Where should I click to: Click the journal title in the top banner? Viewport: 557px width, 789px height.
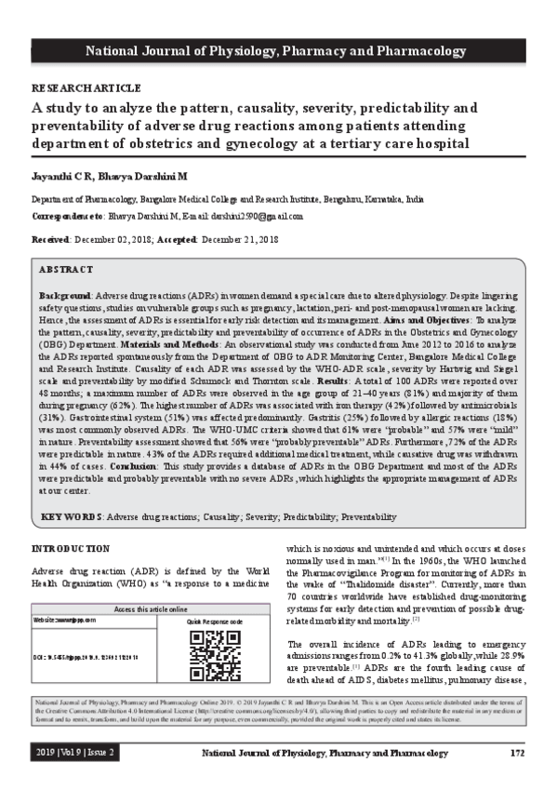tap(278, 49)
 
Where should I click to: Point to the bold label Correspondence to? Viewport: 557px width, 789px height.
tap(68, 216)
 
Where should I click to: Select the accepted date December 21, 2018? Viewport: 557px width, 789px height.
tap(240, 240)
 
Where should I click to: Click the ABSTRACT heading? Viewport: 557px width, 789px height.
tap(66, 268)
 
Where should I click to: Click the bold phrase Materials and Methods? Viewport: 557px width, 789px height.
tap(166, 342)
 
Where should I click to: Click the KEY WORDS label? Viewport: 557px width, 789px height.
tap(71, 515)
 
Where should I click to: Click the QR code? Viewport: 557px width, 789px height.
tap(215, 655)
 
